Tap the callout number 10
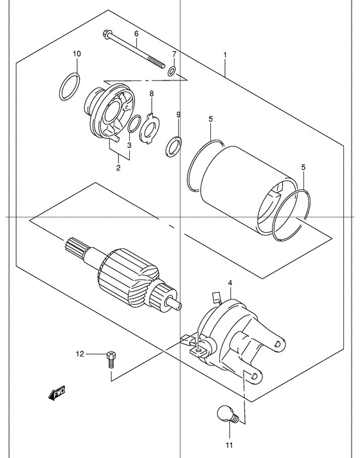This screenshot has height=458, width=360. (76, 54)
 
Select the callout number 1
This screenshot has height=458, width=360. (225, 55)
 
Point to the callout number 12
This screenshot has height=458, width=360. (80, 354)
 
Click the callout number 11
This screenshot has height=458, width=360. (230, 445)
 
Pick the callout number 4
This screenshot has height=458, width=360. (230, 283)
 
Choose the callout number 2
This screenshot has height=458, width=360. (118, 168)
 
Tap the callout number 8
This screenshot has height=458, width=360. (152, 93)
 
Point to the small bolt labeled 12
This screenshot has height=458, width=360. (111, 360)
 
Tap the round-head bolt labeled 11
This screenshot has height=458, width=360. (228, 414)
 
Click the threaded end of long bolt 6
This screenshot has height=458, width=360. (156, 62)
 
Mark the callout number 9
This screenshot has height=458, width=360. (179, 114)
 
